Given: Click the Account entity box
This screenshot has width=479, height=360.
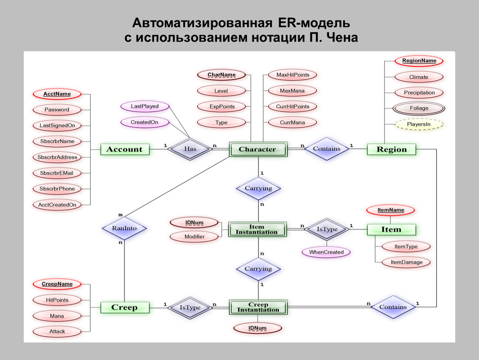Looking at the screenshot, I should (125, 149).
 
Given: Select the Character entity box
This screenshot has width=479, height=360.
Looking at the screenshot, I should (257, 149).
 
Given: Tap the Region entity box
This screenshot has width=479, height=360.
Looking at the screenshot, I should (392, 149).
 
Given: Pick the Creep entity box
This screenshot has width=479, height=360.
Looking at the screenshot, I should (125, 307).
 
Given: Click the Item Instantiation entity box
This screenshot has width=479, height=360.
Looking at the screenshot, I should (257, 229).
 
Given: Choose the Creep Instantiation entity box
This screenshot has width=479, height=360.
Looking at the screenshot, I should (257, 307).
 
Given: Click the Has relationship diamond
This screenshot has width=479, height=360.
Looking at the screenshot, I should (190, 149).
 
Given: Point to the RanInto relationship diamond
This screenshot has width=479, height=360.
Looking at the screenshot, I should (124, 228).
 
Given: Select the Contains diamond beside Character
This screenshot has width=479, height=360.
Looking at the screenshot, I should (327, 149).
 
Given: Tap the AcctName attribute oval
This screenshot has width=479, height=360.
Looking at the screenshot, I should (57, 94).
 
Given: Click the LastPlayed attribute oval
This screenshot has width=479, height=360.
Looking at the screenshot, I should (145, 106).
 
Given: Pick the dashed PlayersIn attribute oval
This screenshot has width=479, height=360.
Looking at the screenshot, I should (419, 124).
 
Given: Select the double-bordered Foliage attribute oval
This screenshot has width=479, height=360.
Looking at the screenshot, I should (419, 108).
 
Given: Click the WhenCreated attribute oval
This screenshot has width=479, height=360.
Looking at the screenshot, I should (326, 252).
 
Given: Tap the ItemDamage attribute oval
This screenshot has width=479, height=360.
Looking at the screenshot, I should (406, 262).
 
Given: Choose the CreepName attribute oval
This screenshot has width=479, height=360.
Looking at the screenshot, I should (57, 284).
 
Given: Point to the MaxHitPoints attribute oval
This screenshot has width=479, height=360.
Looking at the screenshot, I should (292, 75).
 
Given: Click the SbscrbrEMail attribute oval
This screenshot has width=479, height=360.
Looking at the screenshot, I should (57, 173).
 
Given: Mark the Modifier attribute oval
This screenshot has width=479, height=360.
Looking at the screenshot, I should (195, 237).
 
